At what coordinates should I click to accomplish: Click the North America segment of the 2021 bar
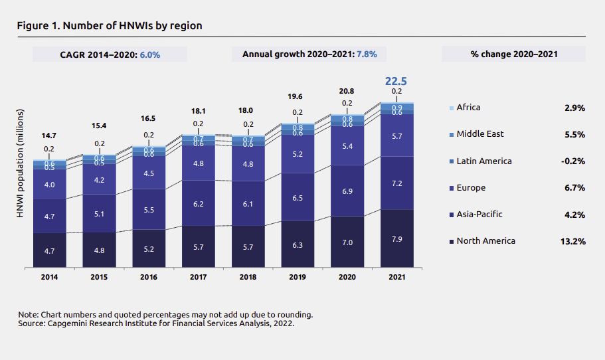(396, 238)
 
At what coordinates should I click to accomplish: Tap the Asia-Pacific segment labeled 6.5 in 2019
(298, 197)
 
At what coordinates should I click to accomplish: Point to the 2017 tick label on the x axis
(199, 276)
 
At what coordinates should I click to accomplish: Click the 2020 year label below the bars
(347, 276)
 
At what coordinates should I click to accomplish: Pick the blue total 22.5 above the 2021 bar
(396, 81)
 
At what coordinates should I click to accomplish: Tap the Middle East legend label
(480, 134)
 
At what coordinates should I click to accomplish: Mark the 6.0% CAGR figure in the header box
(150, 54)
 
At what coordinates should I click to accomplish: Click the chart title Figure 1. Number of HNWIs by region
(110, 25)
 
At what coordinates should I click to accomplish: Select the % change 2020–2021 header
(513, 54)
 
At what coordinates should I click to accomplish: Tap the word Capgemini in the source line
(64, 323)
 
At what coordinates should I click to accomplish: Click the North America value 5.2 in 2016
(149, 249)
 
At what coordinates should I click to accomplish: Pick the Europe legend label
(471, 188)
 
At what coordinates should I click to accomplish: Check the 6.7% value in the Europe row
(572, 188)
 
